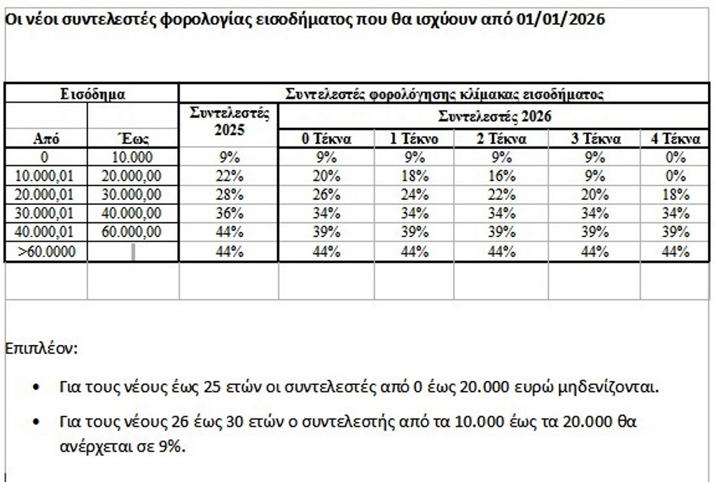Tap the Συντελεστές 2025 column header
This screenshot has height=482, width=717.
(229, 121)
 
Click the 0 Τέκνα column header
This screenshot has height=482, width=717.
(326, 139)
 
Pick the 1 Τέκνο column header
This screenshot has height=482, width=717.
(415, 139)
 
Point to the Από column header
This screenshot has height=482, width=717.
(46, 139)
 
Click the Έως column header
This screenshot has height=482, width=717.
(132, 139)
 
